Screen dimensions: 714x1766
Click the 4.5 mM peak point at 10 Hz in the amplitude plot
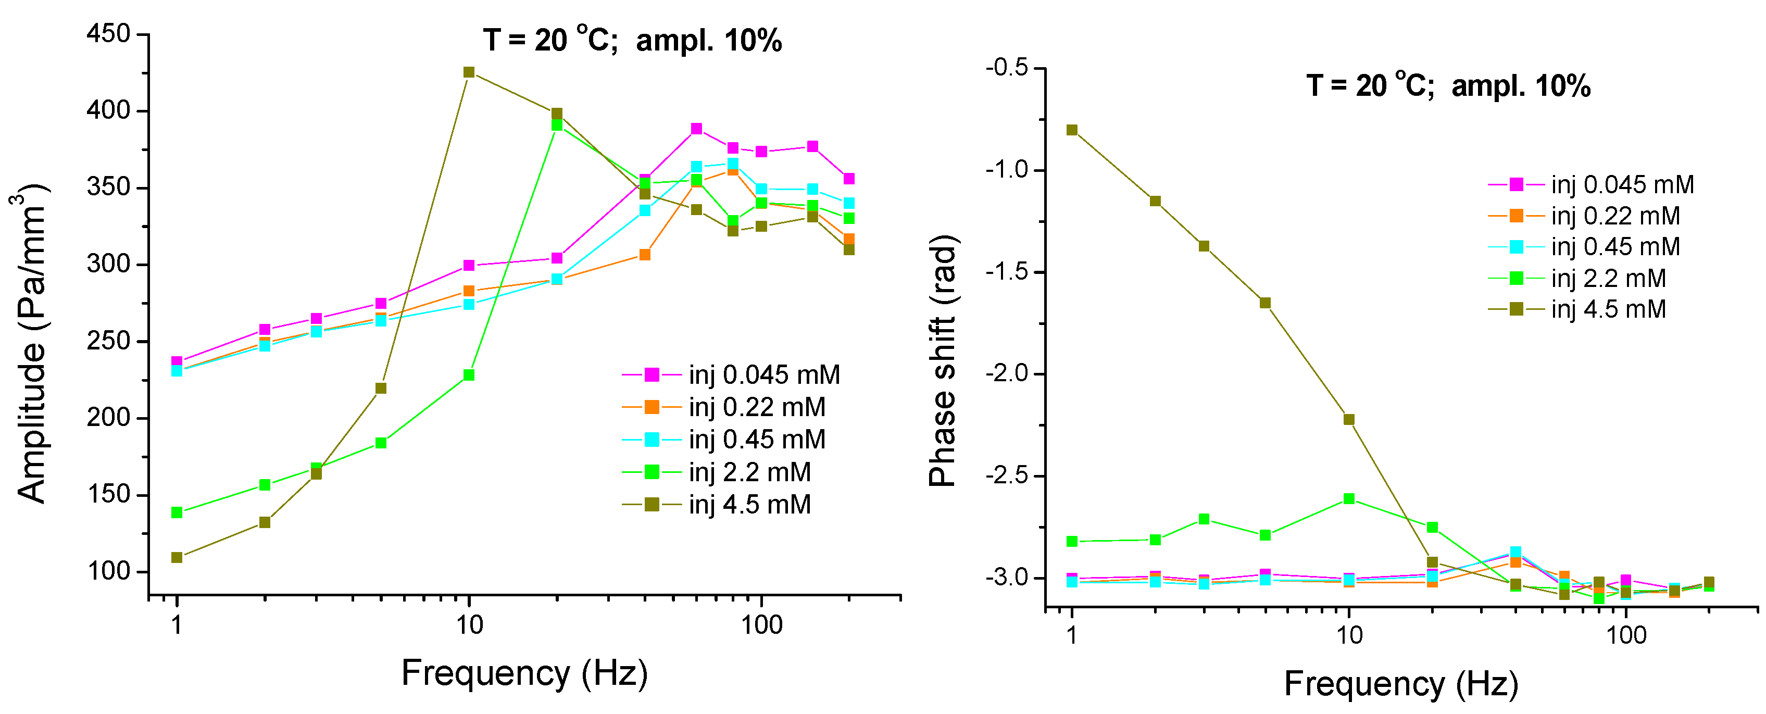(469, 72)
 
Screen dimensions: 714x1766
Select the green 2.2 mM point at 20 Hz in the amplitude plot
(557, 125)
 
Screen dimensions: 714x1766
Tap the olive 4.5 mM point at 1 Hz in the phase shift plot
(1072, 130)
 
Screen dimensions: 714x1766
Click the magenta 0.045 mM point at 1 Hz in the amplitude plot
(177, 361)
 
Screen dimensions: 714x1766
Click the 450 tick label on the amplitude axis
(108, 34)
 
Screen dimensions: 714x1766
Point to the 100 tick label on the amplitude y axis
(108, 571)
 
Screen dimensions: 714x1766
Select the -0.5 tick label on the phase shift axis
(1006, 67)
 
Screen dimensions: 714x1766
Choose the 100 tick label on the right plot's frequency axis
(1626, 635)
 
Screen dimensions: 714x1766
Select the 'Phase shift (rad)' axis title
(943, 360)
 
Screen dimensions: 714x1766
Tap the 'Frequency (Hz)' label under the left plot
(524, 673)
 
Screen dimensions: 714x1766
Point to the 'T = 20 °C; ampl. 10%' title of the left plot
(632, 41)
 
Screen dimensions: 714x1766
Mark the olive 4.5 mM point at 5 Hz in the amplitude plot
(381, 388)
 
